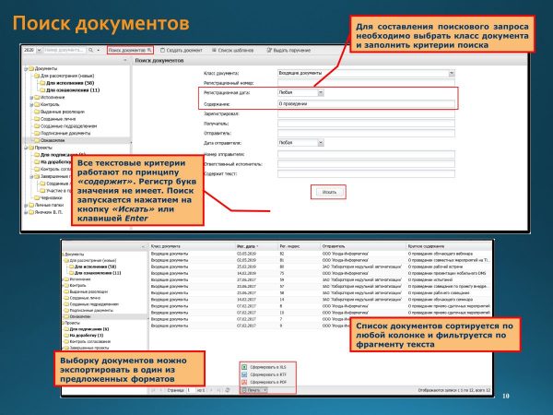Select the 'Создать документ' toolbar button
pyautogui.click(x=185, y=49)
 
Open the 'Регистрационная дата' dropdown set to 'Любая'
pyautogui.click(x=300, y=93)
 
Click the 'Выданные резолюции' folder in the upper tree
pyautogui.click(x=65, y=112)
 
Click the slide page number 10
pyautogui.click(x=505, y=396)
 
